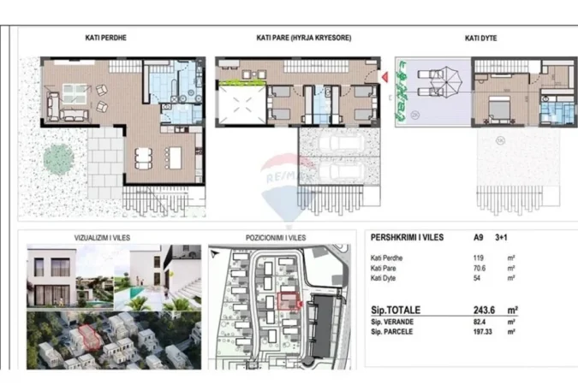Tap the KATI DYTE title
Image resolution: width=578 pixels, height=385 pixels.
(x=482, y=38)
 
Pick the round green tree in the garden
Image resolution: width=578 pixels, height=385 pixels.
(x=58, y=157)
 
